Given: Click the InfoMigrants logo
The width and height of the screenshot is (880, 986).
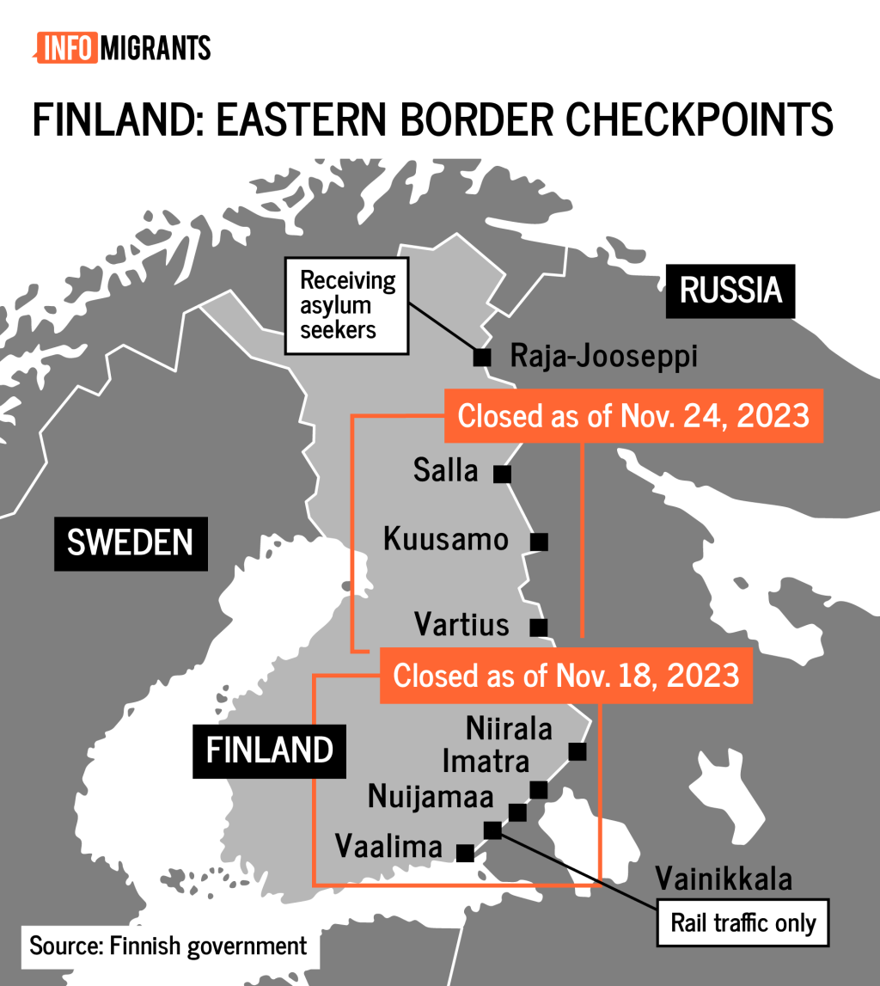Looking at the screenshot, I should click(122, 46).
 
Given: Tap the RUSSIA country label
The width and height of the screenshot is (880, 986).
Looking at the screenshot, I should click(730, 291).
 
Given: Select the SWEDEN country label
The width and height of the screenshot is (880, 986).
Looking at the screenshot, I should click(130, 542).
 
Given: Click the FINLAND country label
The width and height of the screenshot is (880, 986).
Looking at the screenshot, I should click(269, 750).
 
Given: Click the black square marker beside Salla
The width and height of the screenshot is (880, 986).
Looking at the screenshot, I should click(502, 473).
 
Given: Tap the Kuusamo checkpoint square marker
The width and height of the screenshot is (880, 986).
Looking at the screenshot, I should click(539, 542).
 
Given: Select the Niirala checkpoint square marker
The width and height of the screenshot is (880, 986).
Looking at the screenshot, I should click(577, 751).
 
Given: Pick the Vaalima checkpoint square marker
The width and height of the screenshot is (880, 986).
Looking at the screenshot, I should click(465, 852).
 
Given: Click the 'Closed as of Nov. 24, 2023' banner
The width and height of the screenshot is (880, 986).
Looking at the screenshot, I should click(633, 416).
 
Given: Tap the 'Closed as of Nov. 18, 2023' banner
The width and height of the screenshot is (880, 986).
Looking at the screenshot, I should click(566, 674).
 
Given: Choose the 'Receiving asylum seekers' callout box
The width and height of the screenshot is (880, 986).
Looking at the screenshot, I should click(347, 304).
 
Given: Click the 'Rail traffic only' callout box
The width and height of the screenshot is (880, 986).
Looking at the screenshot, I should click(742, 923).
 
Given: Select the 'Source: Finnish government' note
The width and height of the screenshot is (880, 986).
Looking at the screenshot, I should click(168, 946).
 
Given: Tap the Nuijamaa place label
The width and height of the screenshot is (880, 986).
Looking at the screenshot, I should click(431, 797).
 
